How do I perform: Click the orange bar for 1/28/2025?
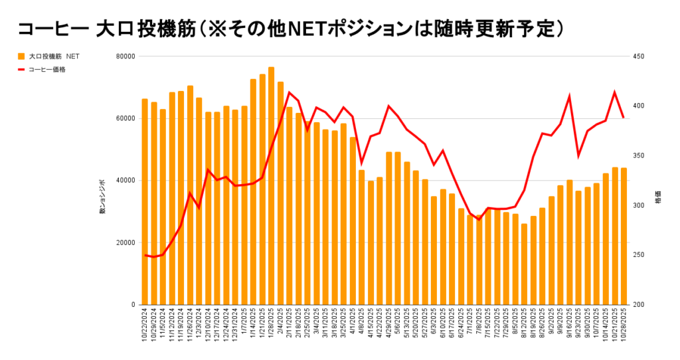(x=271, y=186)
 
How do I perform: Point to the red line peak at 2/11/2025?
(x=289, y=92)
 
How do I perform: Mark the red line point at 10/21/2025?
(x=614, y=92)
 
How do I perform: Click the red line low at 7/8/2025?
(x=479, y=219)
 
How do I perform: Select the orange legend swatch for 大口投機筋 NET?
(x=21, y=56)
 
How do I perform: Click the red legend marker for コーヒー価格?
(x=21, y=69)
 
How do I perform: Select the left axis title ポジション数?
(x=102, y=197)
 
